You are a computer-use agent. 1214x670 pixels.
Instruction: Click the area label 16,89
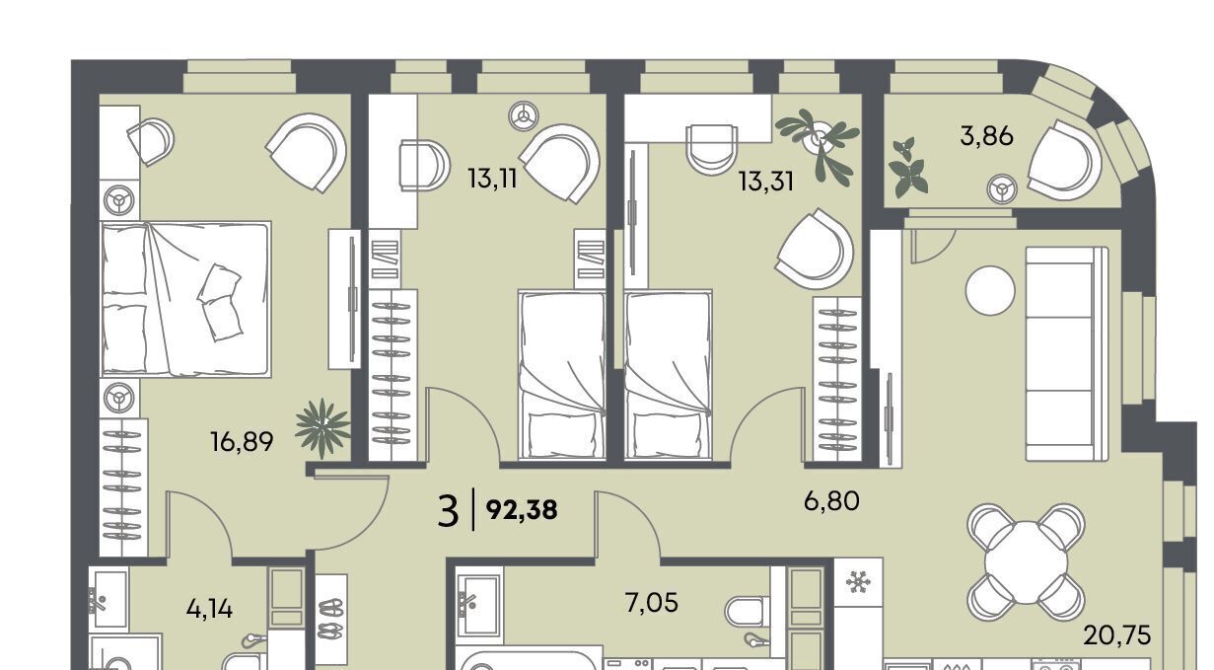coord(242,442)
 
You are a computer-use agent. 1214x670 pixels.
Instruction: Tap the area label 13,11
coord(493,179)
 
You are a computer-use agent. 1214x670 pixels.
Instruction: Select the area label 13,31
coord(766,182)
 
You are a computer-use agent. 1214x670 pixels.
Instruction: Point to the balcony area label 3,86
coord(986,136)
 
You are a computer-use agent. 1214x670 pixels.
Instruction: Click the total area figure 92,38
coord(522,510)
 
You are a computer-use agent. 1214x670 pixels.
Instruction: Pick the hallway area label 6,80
coord(831,501)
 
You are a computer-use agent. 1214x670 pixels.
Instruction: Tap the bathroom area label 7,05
coord(651,603)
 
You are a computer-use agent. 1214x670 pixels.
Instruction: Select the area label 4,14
coord(209,609)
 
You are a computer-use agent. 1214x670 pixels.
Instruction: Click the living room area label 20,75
coord(1117,635)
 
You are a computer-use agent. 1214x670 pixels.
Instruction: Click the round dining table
coord(1026,562)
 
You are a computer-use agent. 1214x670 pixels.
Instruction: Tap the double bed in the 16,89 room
coord(185,299)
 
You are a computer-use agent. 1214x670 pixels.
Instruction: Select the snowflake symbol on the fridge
coord(858,581)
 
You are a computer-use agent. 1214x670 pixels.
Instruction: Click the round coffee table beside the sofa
coord(990,290)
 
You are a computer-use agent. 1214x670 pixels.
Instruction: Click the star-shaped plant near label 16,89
coord(323,428)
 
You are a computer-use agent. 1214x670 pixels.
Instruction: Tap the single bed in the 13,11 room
coord(561,375)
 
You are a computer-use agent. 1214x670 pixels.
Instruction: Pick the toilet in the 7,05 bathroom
coord(748,612)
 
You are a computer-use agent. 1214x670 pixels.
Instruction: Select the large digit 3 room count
coord(448,510)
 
